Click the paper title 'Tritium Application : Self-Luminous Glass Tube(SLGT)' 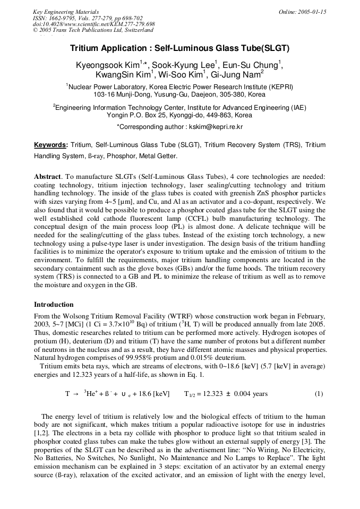tap(179, 48)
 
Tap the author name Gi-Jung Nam tap(236, 75)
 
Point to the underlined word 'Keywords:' tap(51, 145)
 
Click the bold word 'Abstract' tap(47, 176)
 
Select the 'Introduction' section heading tap(54, 304)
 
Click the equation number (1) tap(319, 394)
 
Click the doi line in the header tap(93, 24)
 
